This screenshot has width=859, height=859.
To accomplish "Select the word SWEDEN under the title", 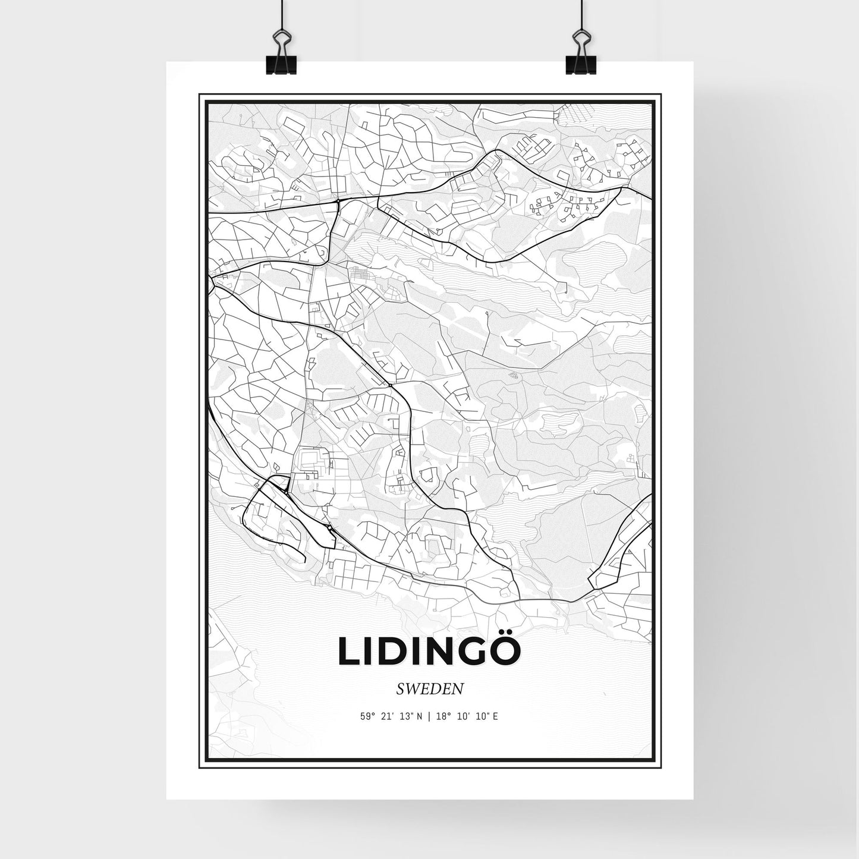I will [x=429, y=689].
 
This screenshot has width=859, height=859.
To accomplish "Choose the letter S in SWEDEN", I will [x=398, y=689].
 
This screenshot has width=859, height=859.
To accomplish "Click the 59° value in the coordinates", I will [x=367, y=716].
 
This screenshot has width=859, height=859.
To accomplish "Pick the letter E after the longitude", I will [x=495, y=716].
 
